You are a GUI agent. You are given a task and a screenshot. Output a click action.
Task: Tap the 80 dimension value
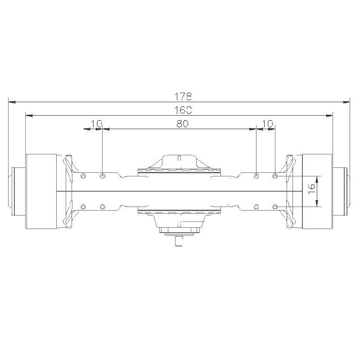tap(182, 124)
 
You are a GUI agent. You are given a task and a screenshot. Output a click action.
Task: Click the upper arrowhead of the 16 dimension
tap(317, 179)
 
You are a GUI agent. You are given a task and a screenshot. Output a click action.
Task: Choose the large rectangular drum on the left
tap(41, 191)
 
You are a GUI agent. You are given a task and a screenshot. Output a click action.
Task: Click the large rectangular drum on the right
tap(318, 191)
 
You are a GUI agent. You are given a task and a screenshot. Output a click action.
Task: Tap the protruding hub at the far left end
tap(17, 191)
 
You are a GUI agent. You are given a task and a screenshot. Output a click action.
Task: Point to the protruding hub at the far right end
tap(341, 191)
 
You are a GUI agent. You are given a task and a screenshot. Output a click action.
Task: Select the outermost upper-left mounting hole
tap(83, 175)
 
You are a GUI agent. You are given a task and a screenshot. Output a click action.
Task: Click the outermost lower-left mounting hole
tap(83, 207)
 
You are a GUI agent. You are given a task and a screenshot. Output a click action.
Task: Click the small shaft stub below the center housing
tap(179, 241)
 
